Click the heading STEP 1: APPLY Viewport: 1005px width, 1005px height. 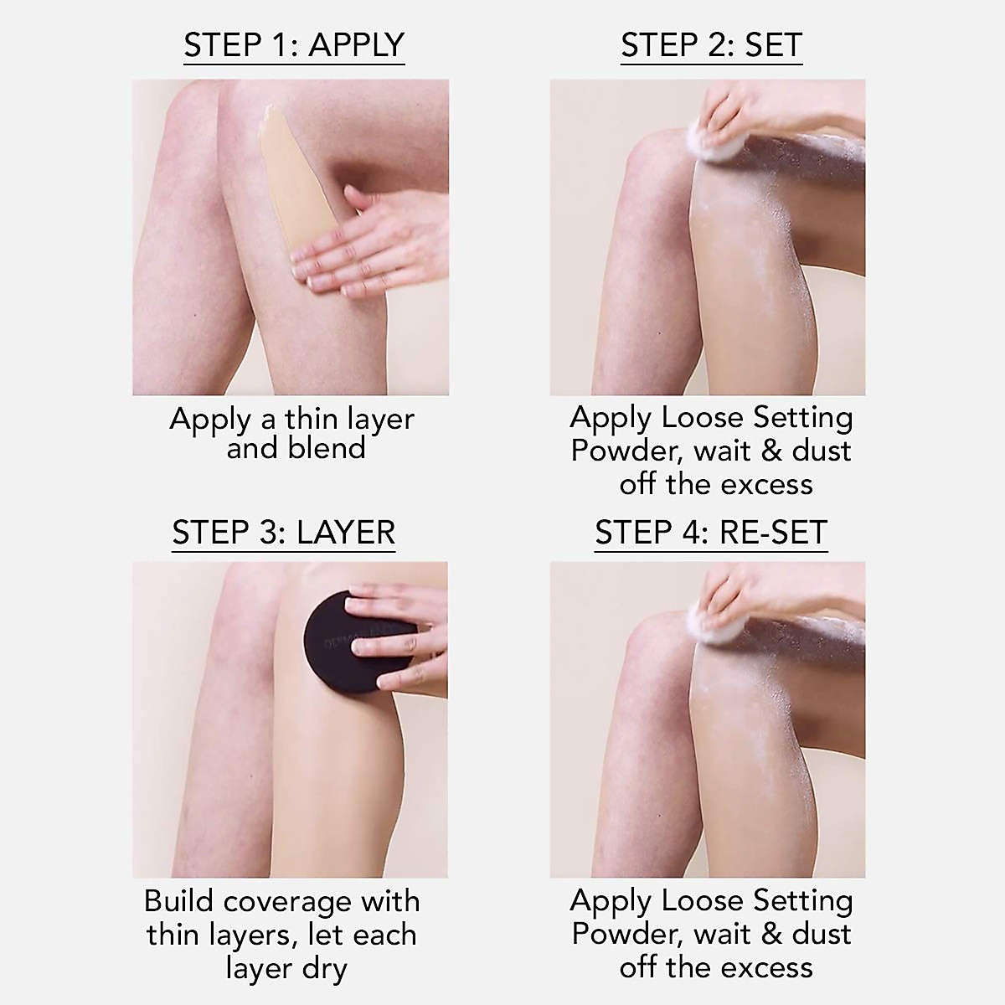[x=294, y=45]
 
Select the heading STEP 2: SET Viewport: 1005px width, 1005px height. [x=711, y=45]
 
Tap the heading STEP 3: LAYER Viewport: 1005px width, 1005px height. [x=283, y=533]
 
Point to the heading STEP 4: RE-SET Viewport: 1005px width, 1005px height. [x=711, y=533]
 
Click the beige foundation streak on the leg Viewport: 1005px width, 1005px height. [x=285, y=184]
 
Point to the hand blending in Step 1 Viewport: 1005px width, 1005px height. [x=368, y=251]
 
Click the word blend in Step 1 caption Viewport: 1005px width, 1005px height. [x=327, y=448]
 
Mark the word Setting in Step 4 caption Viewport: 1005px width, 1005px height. [x=802, y=900]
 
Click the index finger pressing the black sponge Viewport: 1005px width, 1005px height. [x=381, y=646]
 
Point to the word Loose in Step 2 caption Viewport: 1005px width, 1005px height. [x=702, y=417]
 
